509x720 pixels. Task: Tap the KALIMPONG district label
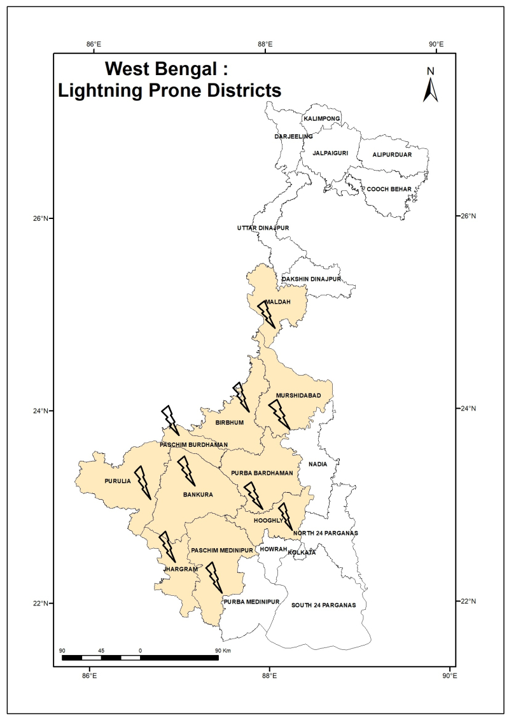pyautogui.click(x=322, y=119)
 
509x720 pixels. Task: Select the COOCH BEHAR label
pyautogui.click(x=388, y=189)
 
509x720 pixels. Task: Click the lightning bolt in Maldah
pyautogui.click(x=267, y=314)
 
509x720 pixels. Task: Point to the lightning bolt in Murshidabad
pyautogui.click(x=279, y=414)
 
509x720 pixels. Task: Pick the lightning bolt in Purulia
pyautogui.click(x=143, y=482)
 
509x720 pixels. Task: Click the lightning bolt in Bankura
pyautogui.click(x=186, y=471)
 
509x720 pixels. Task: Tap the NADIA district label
pyautogui.click(x=317, y=464)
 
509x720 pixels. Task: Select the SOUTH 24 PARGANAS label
pyautogui.click(x=323, y=605)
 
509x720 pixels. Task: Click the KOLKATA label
pyautogui.click(x=302, y=553)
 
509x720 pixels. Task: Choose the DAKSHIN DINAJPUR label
pyautogui.click(x=312, y=279)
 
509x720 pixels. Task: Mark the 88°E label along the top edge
pyautogui.click(x=265, y=44)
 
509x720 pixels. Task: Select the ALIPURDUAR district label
pyautogui.click(x=392, y=155)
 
